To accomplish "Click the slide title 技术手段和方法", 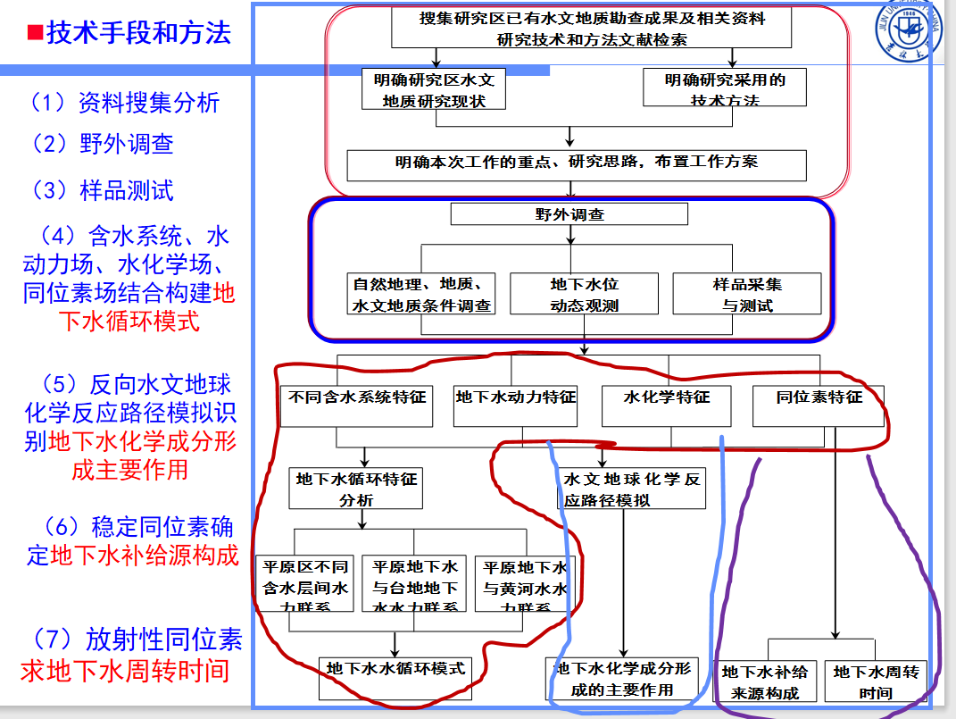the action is click(139, 33).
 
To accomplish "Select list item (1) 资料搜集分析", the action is click(124, 103).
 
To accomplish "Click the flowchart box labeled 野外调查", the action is click(569, 214).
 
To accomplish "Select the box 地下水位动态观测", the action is click(584, 295).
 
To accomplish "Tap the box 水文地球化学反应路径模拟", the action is click(631, 489).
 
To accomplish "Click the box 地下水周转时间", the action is click(876, 681).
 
